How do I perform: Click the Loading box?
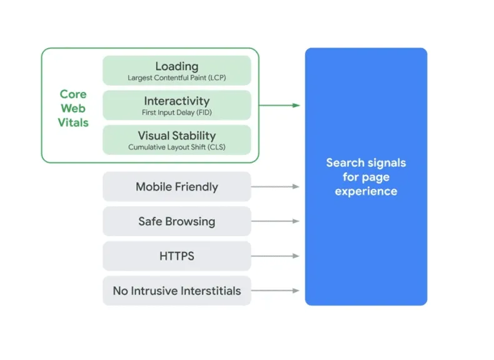click(176, 70)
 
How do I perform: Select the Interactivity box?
click(176, 105)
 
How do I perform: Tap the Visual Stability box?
click(176, 140)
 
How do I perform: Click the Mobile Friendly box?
click(176, 186)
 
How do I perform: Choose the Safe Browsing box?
click(176, 221)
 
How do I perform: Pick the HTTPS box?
click(176, 256)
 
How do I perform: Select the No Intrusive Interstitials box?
click(176, 291)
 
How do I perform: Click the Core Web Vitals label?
click(73, 108)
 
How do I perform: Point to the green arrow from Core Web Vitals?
click(279, 105)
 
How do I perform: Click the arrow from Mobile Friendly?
click(275, 186)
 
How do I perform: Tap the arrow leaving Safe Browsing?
click(275, 221)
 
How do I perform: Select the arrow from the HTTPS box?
click(275, 256)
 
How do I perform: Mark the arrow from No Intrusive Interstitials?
click(275, 291)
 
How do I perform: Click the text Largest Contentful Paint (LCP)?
click(176, 78)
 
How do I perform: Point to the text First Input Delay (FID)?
click(176, 113)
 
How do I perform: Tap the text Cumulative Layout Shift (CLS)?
click(176, 147)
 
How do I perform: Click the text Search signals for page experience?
click(366, 177)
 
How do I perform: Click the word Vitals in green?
click(73, 122)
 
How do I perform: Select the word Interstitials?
click(209, 291)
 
